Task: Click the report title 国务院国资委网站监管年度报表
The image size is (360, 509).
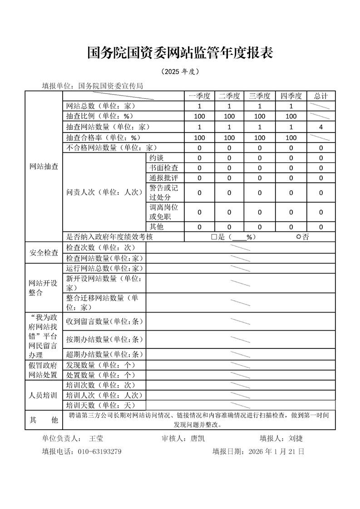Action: tap(180, 53)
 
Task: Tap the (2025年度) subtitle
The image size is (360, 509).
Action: tap(180, 72)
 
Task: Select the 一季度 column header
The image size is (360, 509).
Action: tap(199, 96)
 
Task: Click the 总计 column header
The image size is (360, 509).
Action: tap(321, 96)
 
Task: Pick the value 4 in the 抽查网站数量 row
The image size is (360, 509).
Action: tap(321, 127)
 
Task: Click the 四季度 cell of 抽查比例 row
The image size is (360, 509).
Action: tap(291, 117)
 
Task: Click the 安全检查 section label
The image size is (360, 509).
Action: tap(44, 253)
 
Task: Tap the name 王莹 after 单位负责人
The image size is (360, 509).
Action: tap(96, 439)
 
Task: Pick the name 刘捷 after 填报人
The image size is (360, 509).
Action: tap(296, 439)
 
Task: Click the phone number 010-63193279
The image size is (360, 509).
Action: tap(99, 452)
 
